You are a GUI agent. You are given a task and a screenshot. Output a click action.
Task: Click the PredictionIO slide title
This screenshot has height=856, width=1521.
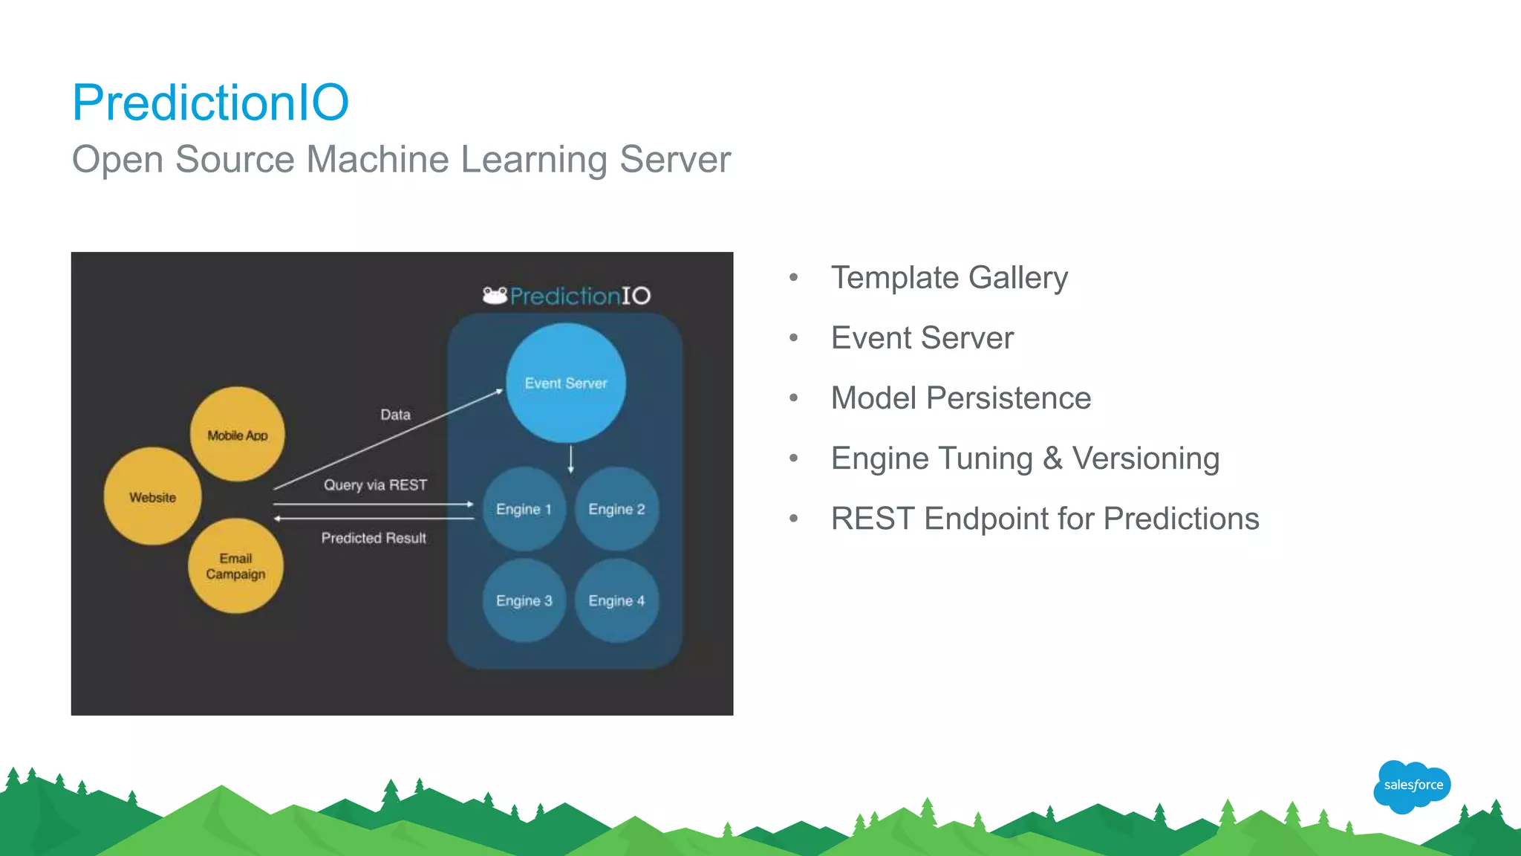click(210, 103)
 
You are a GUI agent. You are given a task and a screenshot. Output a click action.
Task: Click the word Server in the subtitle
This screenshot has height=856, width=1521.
click(674, 160)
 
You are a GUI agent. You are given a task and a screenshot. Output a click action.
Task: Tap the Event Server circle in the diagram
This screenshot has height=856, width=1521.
click(566, 383)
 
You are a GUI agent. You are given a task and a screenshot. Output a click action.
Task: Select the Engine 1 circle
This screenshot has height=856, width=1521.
click(524, 509)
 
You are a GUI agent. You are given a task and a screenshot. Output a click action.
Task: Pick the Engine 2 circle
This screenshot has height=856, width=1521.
click(616, 509)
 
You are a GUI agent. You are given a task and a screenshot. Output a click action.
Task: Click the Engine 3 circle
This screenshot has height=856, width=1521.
click(524, 600)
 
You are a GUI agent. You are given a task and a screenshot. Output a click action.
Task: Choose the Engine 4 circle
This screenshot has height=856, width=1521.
click(616, 600)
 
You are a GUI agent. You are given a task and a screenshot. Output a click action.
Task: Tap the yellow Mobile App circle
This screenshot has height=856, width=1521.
click(238, 435)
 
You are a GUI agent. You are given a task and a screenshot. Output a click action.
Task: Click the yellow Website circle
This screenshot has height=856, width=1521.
click(152, 497)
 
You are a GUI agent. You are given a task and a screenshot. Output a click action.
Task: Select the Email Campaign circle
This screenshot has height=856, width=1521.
click(235, 566)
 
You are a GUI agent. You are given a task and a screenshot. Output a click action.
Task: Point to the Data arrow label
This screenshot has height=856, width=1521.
click(395, 415)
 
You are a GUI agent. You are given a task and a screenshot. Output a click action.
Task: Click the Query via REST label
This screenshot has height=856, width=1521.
click(375, 485)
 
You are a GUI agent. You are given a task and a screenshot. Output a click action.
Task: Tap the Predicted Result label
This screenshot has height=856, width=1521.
click(374, 538)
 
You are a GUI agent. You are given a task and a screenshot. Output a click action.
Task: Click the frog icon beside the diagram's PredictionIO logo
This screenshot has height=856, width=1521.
click(495, 296)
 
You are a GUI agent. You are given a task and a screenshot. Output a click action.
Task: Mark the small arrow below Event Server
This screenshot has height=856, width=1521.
click(570, 458)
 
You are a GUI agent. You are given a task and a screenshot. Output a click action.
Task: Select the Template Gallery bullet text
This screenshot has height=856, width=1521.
click(948, 278)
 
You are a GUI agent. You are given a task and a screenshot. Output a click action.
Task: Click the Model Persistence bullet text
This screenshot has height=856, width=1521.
click(960, 398)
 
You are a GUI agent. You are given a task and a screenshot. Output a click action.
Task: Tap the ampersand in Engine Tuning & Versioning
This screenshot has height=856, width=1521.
click(1052, 458)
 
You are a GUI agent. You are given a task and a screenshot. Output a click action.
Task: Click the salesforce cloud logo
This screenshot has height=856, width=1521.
click(1412, 785)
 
